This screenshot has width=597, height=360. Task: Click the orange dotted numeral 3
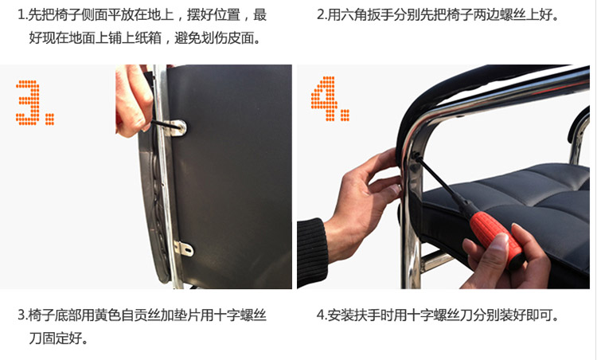(x=29, y=103)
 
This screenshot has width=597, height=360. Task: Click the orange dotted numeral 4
(x=325, y=98)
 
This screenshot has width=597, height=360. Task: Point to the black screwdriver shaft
(x=444, y=184)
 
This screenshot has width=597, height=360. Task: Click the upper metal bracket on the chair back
(x=176, y=127)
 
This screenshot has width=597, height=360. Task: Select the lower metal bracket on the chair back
(x=184, y=248)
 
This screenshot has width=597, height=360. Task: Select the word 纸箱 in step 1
(x=149, y=37)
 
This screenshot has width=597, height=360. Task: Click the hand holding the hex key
(x=132, y=101)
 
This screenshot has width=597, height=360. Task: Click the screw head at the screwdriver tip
(x=416, y=155)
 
